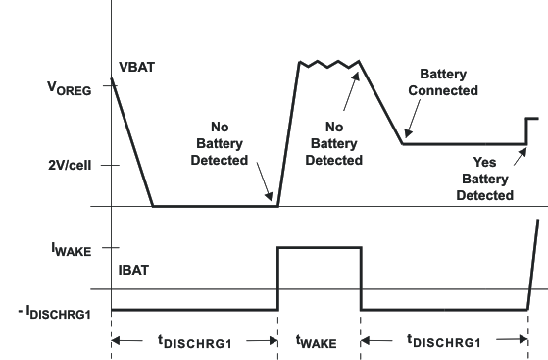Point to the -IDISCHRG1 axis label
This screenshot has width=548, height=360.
[x=53, y=312]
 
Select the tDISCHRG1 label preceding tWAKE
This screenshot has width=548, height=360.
[x=194, y=341]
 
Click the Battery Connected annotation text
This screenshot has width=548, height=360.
[x=448, y=82]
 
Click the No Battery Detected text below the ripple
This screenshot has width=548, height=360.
[x=334, y=143]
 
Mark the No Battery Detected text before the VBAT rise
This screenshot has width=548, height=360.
[x=229, y=143]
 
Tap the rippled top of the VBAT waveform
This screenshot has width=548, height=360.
[x=328, y=65]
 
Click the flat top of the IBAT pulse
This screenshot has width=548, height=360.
[x=320, y=248]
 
